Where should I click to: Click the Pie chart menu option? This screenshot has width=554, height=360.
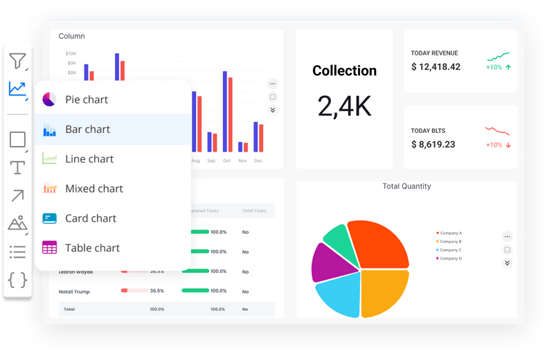click(86, 100)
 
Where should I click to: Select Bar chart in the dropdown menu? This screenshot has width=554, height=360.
click(87, 129)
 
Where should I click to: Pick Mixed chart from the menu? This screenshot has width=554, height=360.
click(93, 189)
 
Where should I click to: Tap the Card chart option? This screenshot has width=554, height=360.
click(90, 219)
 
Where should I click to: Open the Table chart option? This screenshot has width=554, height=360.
click(92, 249)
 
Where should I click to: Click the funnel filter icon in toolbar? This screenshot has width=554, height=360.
click(17, 61)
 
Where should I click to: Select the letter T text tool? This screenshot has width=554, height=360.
click(17, 168)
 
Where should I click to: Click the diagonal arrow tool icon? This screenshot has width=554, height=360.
click(17, 196)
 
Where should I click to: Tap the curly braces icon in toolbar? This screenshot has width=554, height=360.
click(17, 280)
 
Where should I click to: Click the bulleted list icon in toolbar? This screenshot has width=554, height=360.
click(17, 251)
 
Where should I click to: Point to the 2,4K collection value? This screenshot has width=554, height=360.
click(344, 106)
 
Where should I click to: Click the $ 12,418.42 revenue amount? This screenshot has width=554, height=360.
click(436, 67)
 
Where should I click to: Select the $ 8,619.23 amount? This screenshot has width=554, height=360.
click(433, 145)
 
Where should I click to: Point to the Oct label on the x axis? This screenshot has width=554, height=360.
click(226, 161)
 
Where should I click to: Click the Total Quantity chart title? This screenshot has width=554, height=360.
click(406, 186)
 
